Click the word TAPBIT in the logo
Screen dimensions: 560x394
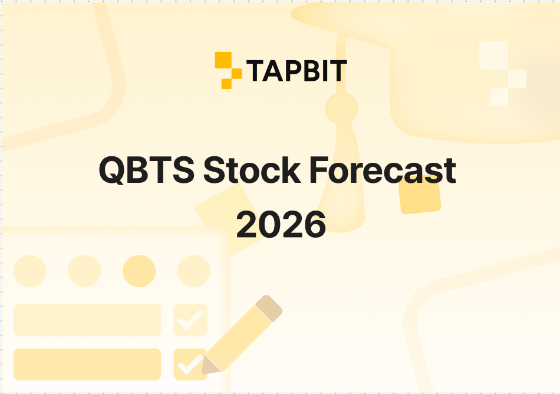pos(297,71)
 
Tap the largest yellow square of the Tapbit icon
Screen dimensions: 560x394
pos(223,60)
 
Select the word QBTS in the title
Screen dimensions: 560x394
pos(146,170)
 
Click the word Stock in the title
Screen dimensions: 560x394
pos(252,169)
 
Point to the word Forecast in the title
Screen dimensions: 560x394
pos(383,169)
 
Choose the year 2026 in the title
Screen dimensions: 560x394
pos(281,224)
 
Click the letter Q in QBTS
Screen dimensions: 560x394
pos(112,170)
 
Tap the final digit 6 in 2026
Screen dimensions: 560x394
pos(315,224)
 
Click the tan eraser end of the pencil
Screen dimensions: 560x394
pos(269,308)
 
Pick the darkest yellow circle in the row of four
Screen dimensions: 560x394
pos(139,271)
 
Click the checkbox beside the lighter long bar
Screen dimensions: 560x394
pos(190,320)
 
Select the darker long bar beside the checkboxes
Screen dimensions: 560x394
pos(87,365)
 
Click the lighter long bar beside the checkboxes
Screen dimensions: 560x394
pos(87,320)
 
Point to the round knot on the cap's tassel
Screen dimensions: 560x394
pos(342,109)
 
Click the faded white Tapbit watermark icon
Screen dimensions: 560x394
pos(503,73)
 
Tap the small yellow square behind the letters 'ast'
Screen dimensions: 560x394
pos(420,195)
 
